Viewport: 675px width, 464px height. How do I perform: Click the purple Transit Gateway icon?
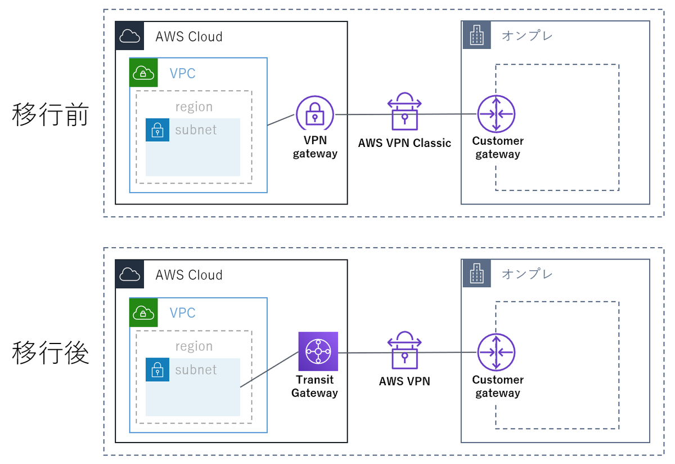click(318, 351)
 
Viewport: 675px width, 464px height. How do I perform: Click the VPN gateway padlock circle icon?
click(314, 114)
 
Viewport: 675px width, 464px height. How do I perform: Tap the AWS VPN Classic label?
click(404, 143)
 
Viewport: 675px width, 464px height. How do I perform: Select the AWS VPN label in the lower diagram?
click(404, 381)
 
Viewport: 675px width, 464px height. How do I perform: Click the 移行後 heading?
click(51, 353)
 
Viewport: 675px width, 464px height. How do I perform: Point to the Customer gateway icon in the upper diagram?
click(496, 114)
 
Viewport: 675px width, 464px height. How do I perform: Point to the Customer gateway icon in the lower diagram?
click(496, 353)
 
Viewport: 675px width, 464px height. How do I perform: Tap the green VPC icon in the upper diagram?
click(143, 73)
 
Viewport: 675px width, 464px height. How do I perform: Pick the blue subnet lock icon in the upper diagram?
click(157, 130)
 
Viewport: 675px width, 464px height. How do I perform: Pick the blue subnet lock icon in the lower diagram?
click(157, 370)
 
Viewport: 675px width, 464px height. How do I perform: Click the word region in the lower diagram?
click(193, 346)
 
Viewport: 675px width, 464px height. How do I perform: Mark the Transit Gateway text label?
click(314, 386)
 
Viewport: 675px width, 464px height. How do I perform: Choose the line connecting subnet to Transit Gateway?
click(269, 369)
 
